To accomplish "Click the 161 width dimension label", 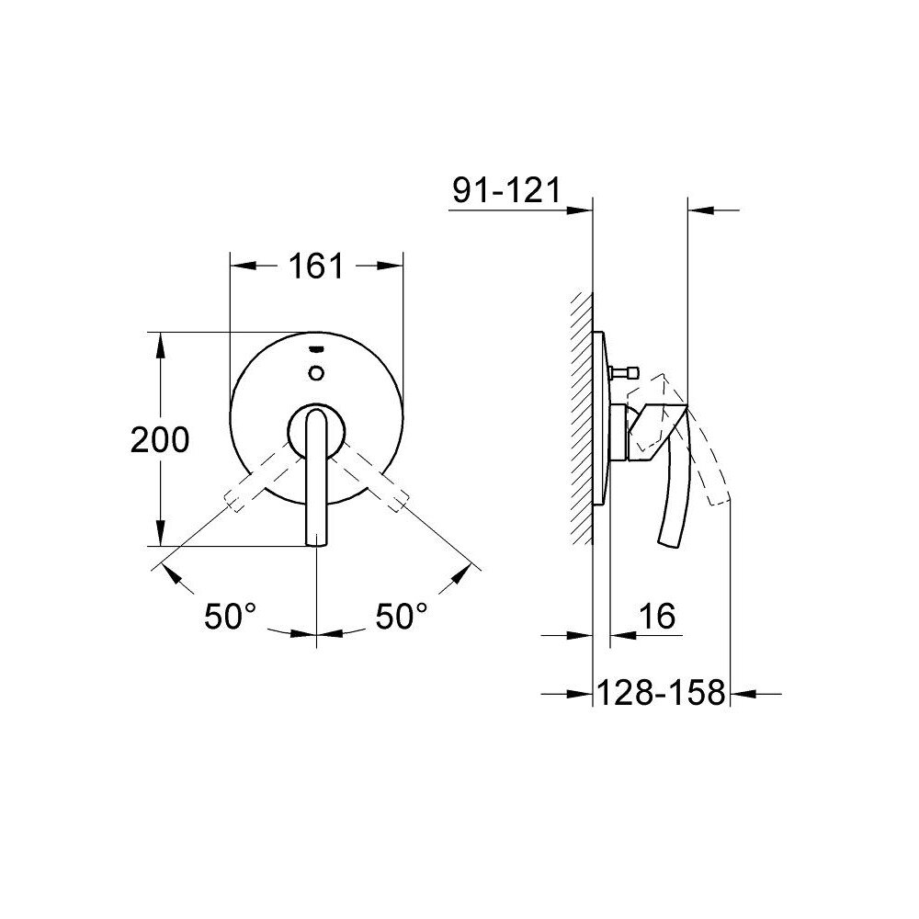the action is tap(316, 267).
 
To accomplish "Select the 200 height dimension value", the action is tap(160, 439).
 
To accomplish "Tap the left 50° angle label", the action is tap(231, 616).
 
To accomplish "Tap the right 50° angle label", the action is tap(402, 616).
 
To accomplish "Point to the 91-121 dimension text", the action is tap(507, 190).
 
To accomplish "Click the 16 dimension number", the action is tap(657, 616).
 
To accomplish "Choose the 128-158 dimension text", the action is tap(661, 692).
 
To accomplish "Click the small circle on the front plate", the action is tap(316, 372).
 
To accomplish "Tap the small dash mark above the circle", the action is tap(316, 350).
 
